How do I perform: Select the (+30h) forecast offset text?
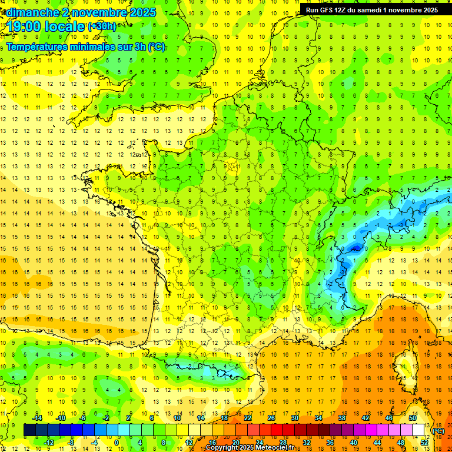coord(101,26)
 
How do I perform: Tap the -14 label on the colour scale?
coord(38,418)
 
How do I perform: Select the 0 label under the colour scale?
coord(116,443)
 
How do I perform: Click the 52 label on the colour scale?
coord(424,443)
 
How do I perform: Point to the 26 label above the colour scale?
coord(271,418)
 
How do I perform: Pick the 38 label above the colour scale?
coord(341,418)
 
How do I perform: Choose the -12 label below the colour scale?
coord(49,443)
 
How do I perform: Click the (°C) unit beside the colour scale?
coord(438,430)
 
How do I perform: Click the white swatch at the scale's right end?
coord(418,430)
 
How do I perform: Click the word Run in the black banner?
coord(313,10)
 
